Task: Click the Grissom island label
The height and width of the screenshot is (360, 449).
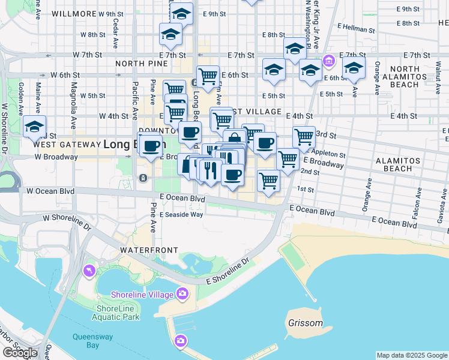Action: pyautogui.click(x=305, y=323)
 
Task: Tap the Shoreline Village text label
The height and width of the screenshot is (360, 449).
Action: pyautogui.click(x=142, y=294)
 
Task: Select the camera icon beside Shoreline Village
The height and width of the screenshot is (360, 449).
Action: pyautogui.click(x=181, y=293)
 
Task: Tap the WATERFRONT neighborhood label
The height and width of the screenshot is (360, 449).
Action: pyautogui.click(x=149, y=250)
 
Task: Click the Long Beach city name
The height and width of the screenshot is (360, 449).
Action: pyautogui.click(x=126, y=144)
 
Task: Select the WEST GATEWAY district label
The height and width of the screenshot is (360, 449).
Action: pyautogui.click(x=67, y=145)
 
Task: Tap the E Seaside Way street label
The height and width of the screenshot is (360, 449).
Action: pyautogui.click(x=181, y=214)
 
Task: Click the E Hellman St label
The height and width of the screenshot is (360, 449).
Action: pyautogui.click(x=356, y=28)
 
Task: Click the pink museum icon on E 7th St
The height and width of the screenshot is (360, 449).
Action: pyautogui.click(x=328, y=60)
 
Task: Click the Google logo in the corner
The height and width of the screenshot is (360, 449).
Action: pyautogui.click(x=20, y=353)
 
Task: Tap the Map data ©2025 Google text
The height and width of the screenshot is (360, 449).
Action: pyautogui.click(x=412, y=356)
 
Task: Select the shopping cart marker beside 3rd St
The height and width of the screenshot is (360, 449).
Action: pyautogui.click(x=304, y=137)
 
